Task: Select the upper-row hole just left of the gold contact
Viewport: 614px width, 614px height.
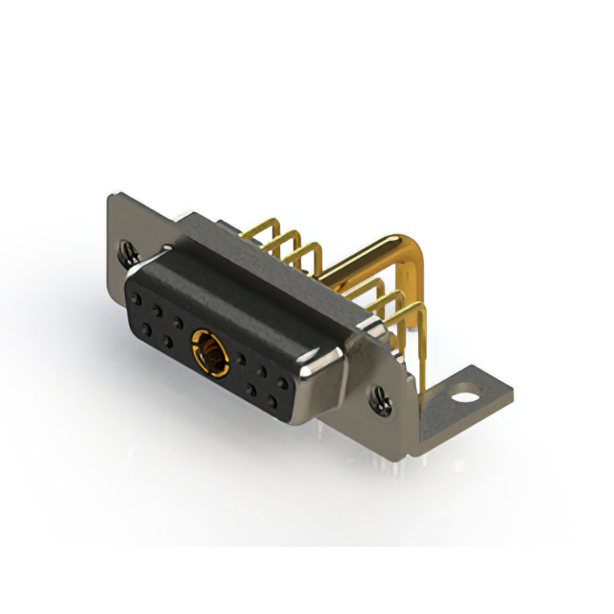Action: click(x=178, y=321)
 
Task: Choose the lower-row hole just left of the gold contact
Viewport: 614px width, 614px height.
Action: click(x=168, y=340)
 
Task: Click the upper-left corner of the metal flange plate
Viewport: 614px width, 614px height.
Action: click(x=109, y=197)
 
